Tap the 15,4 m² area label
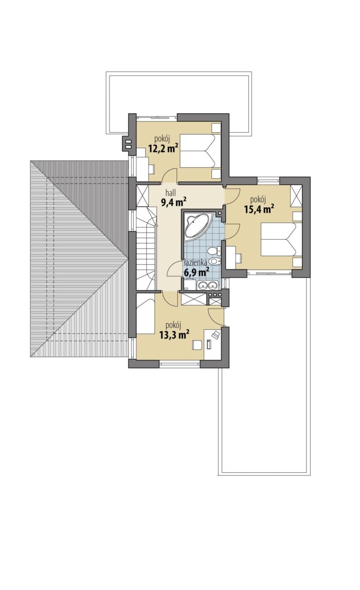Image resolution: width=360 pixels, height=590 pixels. (259, 209)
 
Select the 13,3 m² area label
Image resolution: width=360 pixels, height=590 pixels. (174, 334)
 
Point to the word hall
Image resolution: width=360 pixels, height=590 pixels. (166, 193)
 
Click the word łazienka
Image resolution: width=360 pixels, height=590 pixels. (195, 263)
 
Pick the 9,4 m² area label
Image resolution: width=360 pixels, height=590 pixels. (174, 203)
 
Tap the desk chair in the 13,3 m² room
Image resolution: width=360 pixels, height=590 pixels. (197, 344)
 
